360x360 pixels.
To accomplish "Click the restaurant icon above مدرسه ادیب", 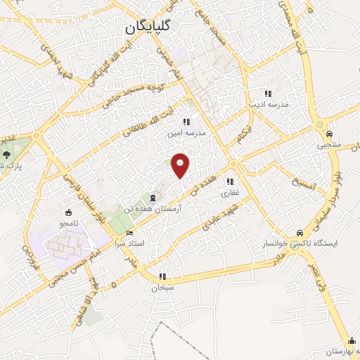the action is [268, 94].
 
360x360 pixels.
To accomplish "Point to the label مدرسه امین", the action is [184, 131].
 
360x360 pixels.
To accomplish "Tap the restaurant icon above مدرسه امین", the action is [185, 121].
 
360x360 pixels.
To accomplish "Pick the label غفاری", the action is [231, 191].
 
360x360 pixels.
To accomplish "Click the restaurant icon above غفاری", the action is [231, 181].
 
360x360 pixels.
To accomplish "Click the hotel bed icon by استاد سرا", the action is [129, 233].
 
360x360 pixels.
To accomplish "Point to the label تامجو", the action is [68, 223].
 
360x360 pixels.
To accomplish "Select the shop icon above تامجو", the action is [68, 212].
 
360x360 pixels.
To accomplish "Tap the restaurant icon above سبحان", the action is [163, 276].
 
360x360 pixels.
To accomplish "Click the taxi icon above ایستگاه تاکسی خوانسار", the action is [300, 233].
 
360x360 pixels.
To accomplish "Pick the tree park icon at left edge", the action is [6, 154].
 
